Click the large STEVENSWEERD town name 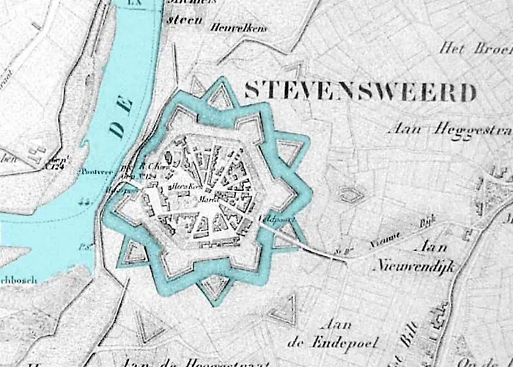(x=360, y=92)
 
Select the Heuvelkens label (x=239, y=28)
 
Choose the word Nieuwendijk (x=414, y=266)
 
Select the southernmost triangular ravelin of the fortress (x=214, y=288)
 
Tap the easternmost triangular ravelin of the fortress (x=291, y=151)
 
